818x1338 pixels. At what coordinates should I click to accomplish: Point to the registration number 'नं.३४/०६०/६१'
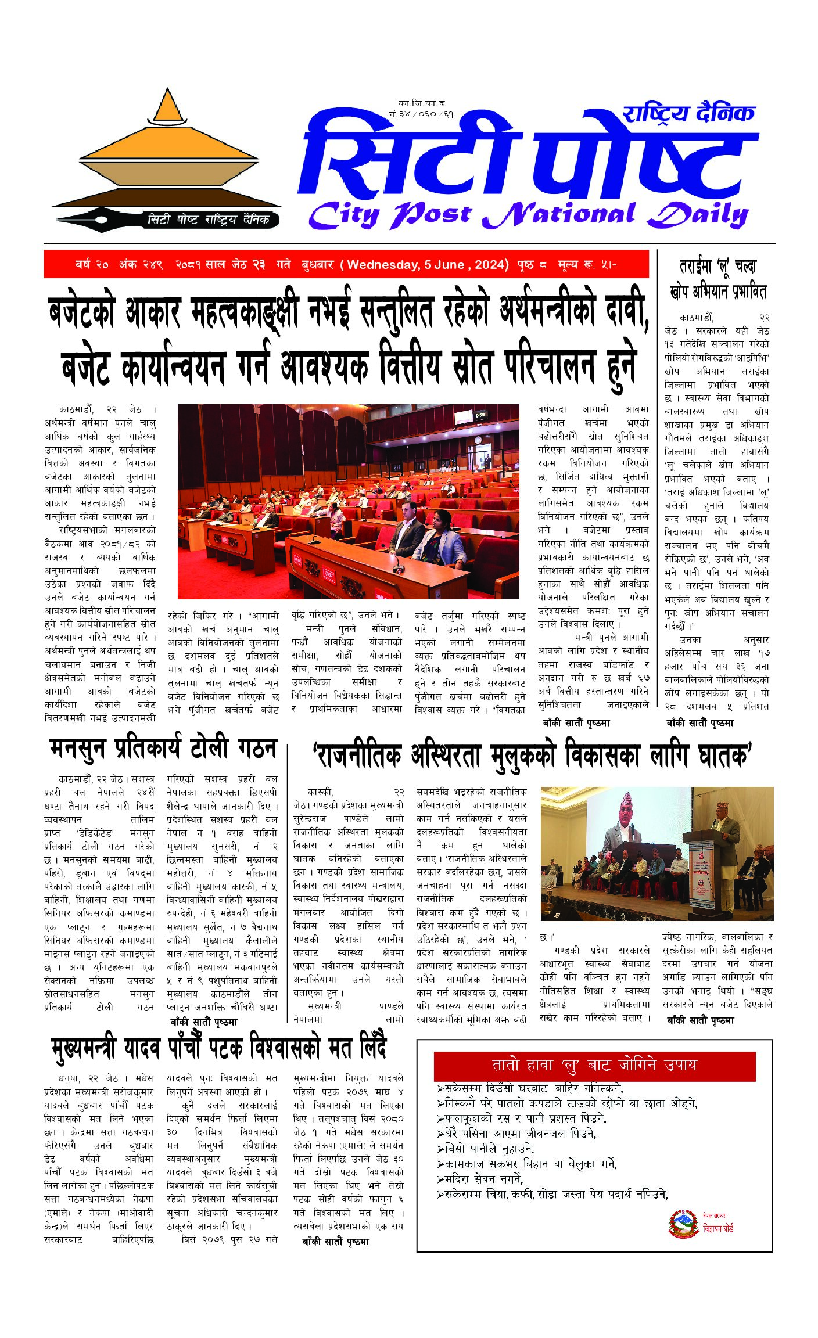coord(422,114)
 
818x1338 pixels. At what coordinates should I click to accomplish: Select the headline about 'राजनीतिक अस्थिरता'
coord(532,756)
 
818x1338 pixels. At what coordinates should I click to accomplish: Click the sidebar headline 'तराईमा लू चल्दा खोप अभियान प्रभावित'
coord(718,279)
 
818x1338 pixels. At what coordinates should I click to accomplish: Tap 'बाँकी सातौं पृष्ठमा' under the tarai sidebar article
coord(699,723)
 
